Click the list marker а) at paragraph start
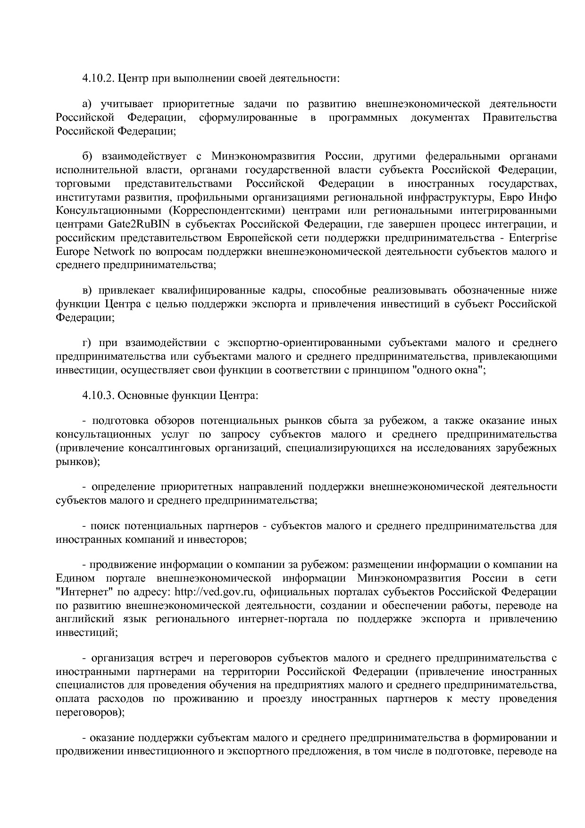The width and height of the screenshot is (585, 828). tap(86, 104)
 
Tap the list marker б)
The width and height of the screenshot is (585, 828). tap(86, 156)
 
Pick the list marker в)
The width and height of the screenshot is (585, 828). tap(86, 290)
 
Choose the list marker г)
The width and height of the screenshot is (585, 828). tap(86, 343)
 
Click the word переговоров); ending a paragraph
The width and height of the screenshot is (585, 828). tap(90, 712)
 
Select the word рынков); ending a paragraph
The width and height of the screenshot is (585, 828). tap(78, 462)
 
